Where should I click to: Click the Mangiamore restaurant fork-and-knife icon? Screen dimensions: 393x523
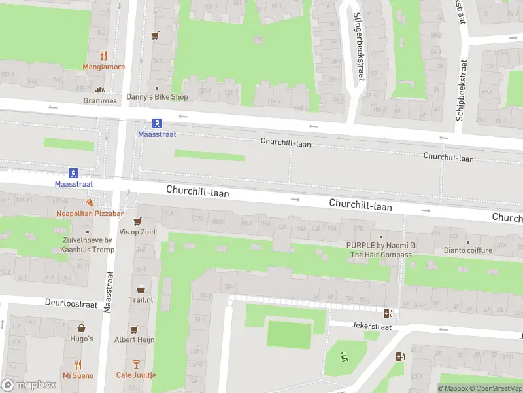[103, 56]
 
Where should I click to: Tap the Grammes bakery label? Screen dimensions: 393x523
[100, 101]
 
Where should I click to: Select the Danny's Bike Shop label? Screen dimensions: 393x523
[157, 97]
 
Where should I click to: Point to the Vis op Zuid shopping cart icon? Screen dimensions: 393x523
[137, 221]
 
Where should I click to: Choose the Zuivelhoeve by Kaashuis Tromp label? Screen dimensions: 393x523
[87, 245]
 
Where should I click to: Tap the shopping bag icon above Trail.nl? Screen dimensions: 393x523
[141, 289]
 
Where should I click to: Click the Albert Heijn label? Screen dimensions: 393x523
[134, 339]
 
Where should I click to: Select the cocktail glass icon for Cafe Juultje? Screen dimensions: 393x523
[136, 364]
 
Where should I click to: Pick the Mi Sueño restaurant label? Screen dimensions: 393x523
[78, 375]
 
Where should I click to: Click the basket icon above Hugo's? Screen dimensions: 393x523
[82, 328]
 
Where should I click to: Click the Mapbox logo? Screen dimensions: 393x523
[29, 385]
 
